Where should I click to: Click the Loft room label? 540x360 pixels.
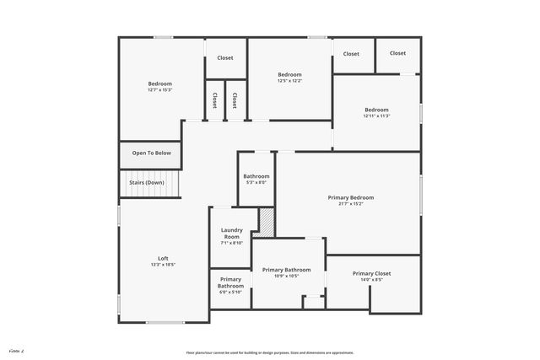(163, 258)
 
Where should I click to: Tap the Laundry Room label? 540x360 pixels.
(232, 234)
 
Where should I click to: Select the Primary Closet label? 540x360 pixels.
(372, 273)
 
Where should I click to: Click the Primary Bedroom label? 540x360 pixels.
(350, 197)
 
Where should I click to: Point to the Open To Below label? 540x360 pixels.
(151, 153)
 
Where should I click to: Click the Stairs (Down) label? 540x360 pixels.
(147, 182)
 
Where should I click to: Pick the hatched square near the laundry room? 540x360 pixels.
(266, 222)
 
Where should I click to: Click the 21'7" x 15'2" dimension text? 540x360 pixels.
(350, 204)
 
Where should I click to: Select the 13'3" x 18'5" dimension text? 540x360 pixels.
(163, 265)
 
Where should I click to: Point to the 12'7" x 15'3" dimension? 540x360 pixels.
(160, 90)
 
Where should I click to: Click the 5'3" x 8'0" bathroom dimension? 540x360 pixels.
(256, 183)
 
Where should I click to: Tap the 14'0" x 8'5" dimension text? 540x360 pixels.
(372, 280)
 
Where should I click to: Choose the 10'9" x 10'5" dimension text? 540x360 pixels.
(286, 276)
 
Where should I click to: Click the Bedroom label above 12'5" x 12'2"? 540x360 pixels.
(289, 74)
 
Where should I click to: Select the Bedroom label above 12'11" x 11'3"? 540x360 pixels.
(376, 110)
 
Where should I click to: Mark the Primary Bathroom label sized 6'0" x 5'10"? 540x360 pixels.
(231, 282)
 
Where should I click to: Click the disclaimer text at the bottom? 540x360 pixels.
(270, 352)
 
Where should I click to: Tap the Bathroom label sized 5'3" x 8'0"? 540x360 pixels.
(256, 176)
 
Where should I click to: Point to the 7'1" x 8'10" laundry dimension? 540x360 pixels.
(232, 244)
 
